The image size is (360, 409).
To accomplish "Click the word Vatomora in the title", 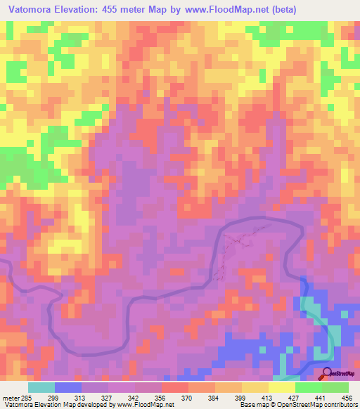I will (32, 10).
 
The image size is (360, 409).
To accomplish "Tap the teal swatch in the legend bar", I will (41, 387).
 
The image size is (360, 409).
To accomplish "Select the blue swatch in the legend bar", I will (68, 387).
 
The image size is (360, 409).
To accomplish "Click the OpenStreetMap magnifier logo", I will (327, 373).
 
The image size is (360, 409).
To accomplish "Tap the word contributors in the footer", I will (338, 405).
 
